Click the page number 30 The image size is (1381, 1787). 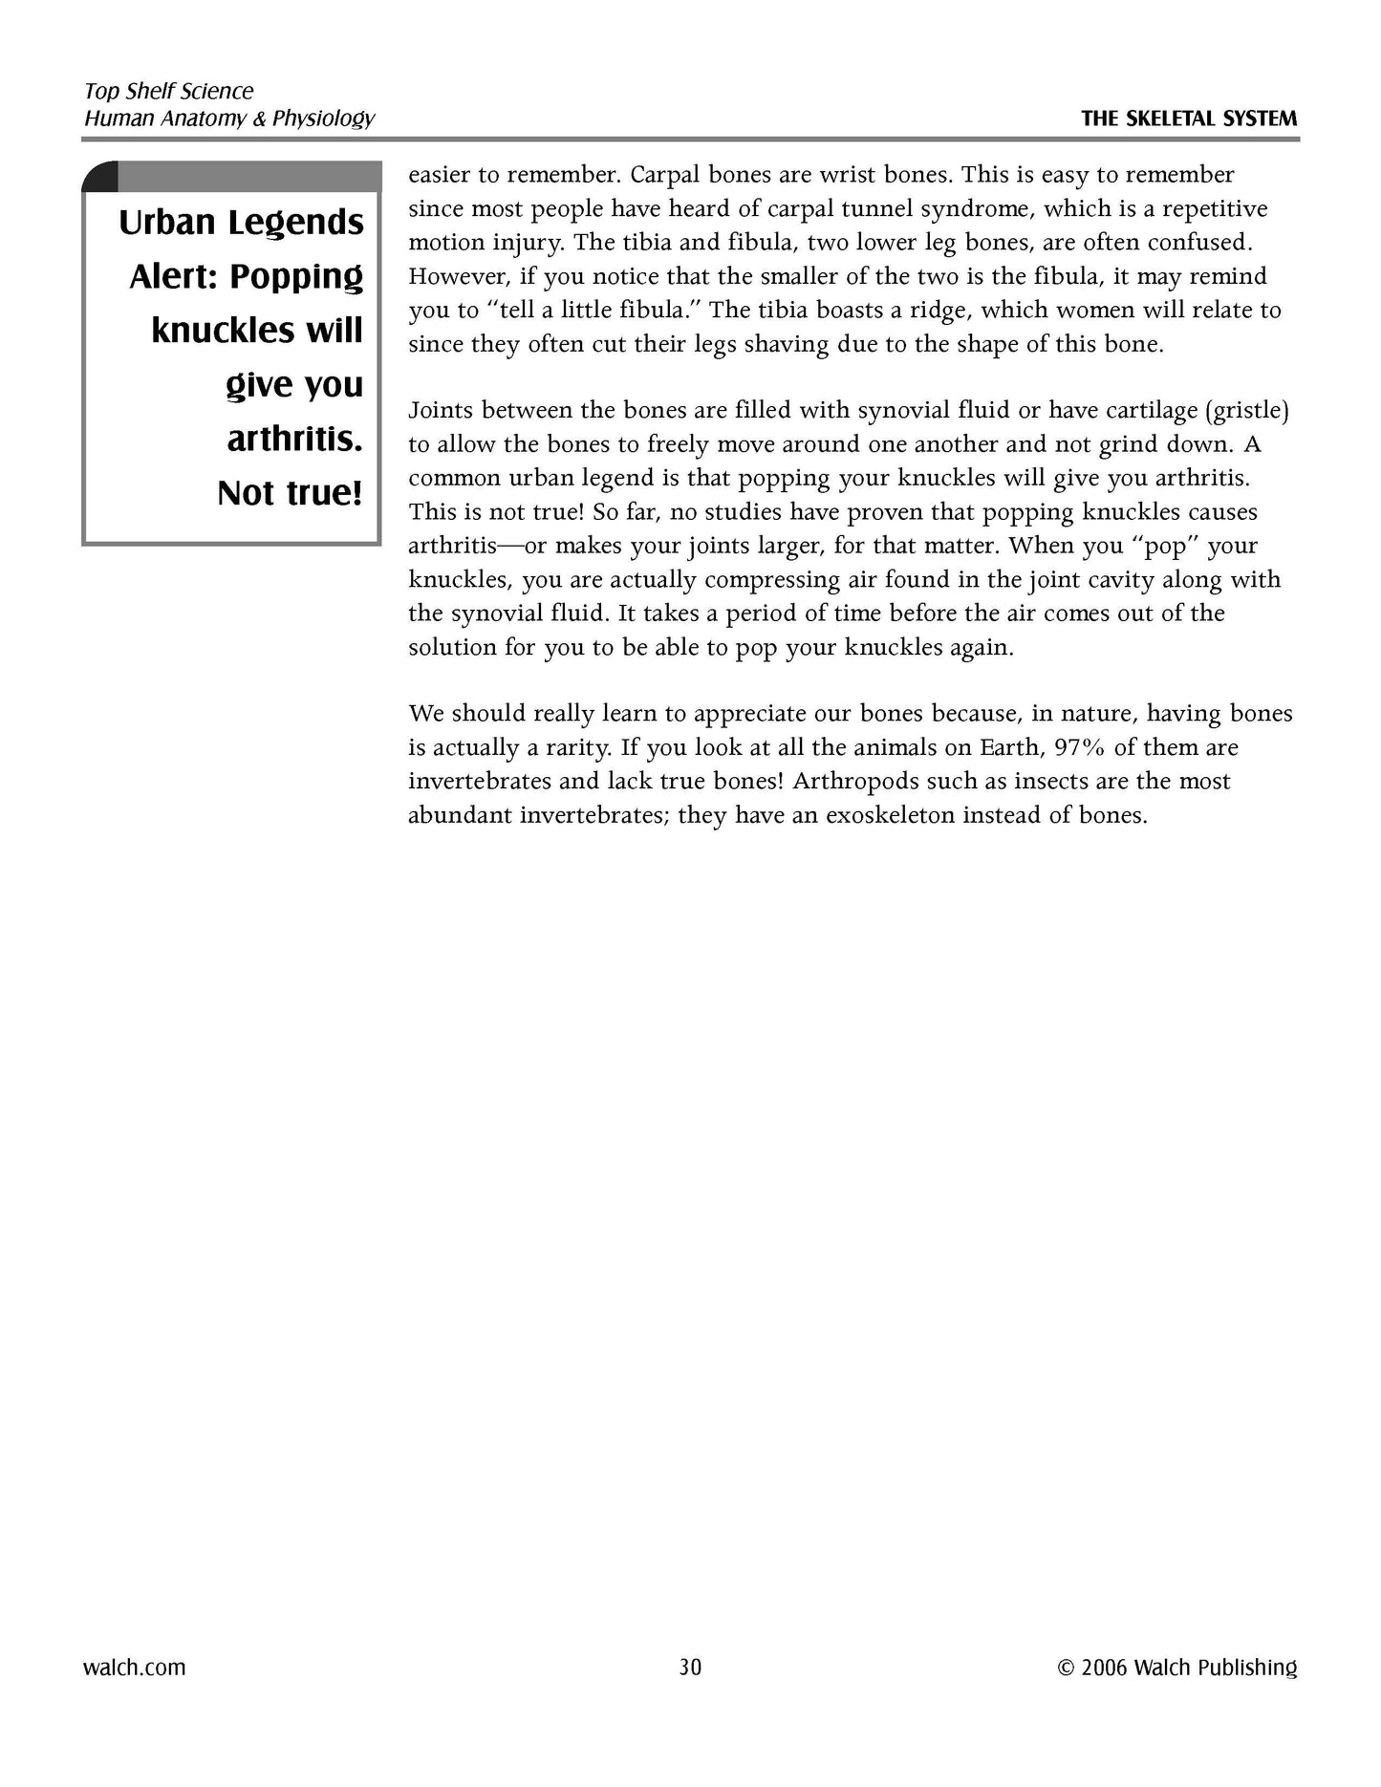tap(690, 1668)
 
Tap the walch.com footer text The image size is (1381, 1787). tap(135, 1668)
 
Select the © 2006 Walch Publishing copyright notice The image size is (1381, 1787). tap(1177, 1668)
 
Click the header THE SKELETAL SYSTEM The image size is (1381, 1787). tap(1189, 119)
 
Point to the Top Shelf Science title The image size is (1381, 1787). tap(169, 92)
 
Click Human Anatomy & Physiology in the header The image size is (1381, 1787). tap(229, 118)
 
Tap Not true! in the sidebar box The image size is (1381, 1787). tap(291, 493)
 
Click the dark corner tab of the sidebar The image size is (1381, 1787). tap(100, 177)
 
